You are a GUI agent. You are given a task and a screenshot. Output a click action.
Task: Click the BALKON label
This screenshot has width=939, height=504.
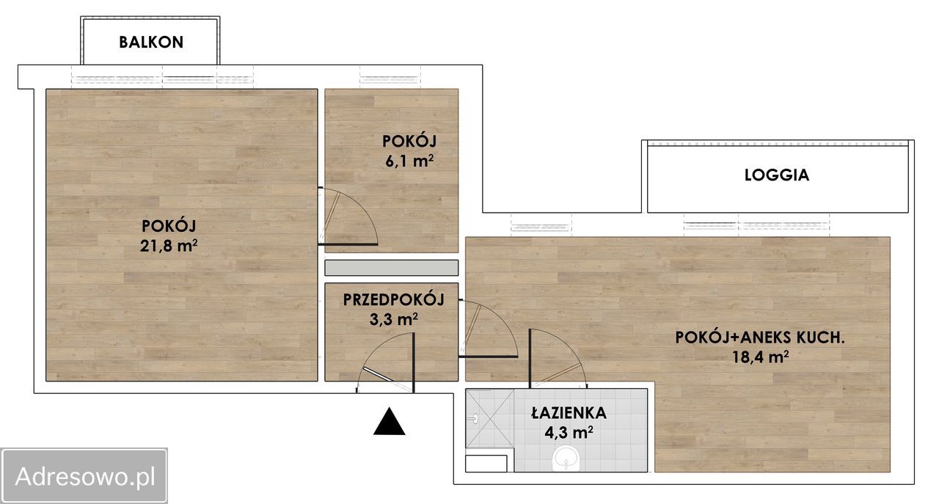point(151,43)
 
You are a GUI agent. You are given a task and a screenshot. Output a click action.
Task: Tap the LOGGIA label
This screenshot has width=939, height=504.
point(777,175)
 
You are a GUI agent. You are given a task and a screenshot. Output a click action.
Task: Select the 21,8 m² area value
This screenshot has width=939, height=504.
point(169,245)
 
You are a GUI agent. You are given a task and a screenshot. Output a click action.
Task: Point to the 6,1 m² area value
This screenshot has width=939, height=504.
point(409,161)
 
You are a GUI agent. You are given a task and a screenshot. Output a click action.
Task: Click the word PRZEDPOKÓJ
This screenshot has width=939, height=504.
point(394,299)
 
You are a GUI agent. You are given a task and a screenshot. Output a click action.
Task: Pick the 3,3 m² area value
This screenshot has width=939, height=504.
point(393,320)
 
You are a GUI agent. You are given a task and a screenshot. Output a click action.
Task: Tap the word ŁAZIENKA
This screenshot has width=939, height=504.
point(569,413)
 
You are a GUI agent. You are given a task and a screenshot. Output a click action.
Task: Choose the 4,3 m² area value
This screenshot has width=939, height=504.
point(569,433)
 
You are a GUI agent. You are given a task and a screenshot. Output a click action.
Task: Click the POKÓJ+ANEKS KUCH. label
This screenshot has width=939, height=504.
point(760,337)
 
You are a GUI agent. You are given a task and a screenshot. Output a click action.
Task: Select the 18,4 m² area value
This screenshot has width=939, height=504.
point(761,357)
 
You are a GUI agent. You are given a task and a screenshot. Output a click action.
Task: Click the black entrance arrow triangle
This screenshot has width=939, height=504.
point(390,421)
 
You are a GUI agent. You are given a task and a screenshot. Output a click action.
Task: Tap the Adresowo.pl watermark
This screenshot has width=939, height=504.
point(84,476)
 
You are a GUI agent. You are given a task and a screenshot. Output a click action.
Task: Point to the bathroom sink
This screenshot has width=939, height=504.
point(566,459)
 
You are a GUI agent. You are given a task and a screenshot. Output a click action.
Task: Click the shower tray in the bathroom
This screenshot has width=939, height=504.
point(490,418)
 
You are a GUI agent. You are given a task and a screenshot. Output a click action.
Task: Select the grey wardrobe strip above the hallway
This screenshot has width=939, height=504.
point(392,268)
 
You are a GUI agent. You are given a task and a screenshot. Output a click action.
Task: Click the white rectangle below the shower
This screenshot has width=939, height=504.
point(486,464)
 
